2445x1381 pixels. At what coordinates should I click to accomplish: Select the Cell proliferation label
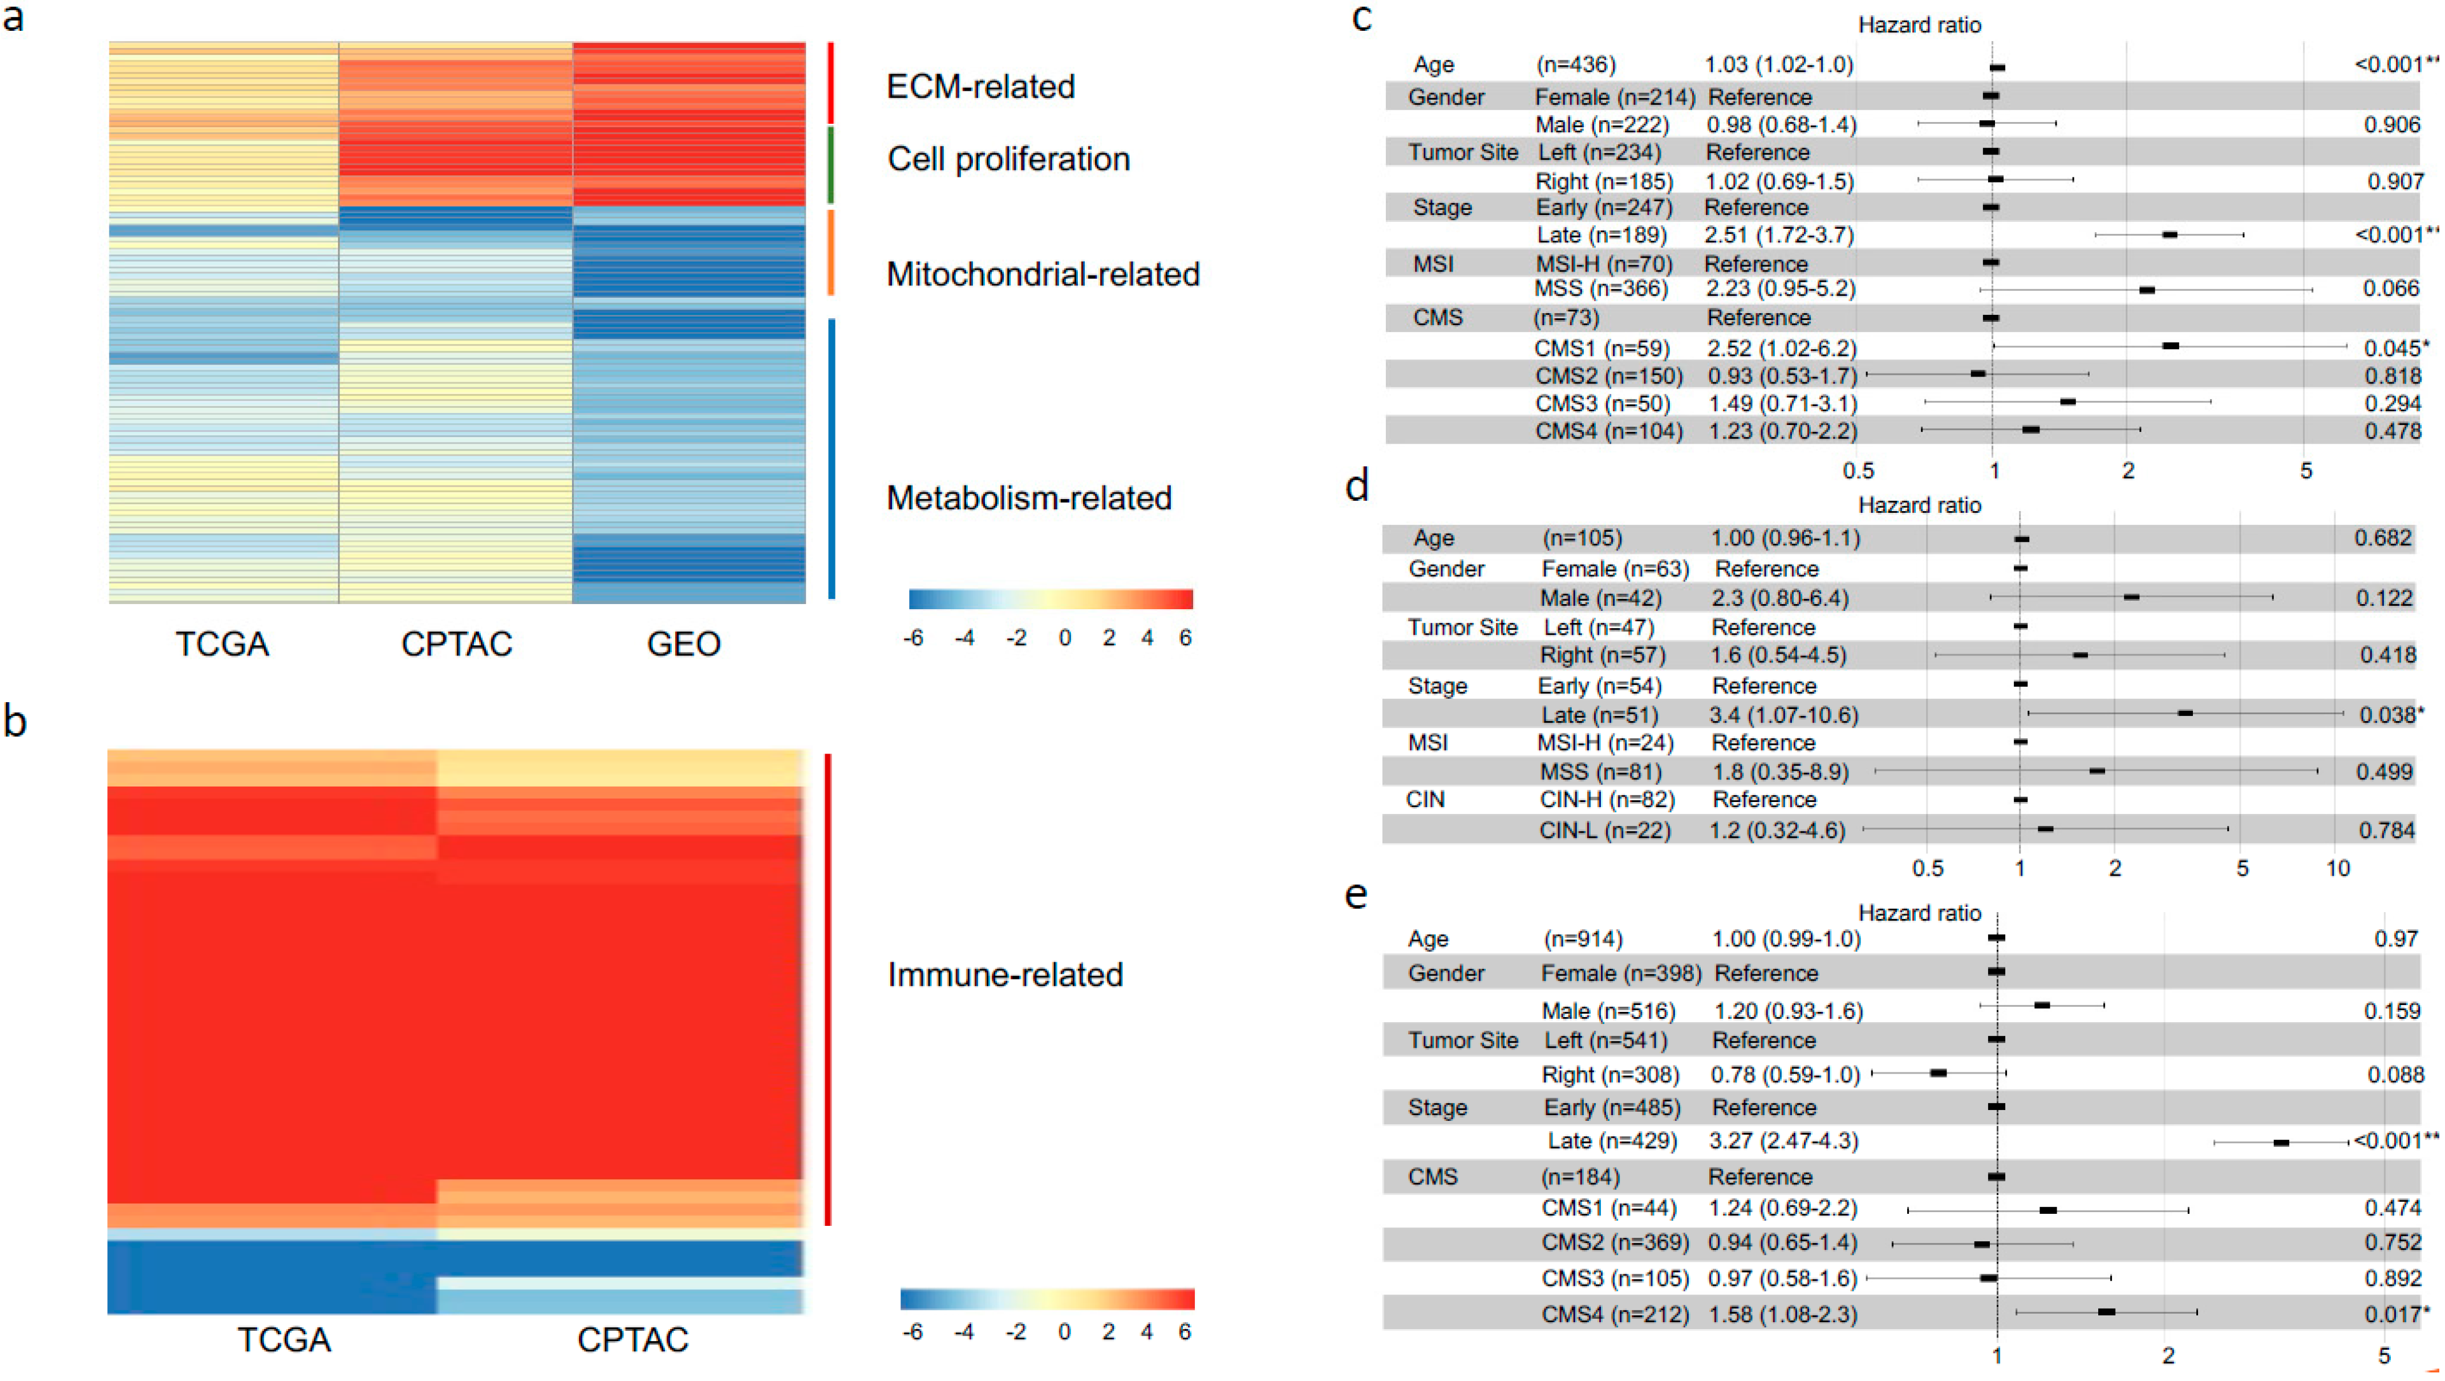point(1008,160)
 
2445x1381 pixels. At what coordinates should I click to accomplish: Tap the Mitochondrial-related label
point(1042,274)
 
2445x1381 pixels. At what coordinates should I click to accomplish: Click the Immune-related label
point(1004,975)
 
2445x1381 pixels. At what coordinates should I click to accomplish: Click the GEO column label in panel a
point(683,645)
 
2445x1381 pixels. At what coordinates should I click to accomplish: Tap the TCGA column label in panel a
point(222,645)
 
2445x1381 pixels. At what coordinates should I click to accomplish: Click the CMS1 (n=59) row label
point(1602,349)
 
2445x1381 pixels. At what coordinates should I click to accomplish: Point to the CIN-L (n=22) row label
point(1604,831)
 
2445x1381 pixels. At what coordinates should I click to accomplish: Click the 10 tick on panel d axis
point(2337,868)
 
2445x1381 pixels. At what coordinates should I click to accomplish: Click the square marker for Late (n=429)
point(2281,1143)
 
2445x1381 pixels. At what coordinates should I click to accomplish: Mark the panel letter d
point(1357,486)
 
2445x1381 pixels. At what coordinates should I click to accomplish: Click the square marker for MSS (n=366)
point(2147,289)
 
